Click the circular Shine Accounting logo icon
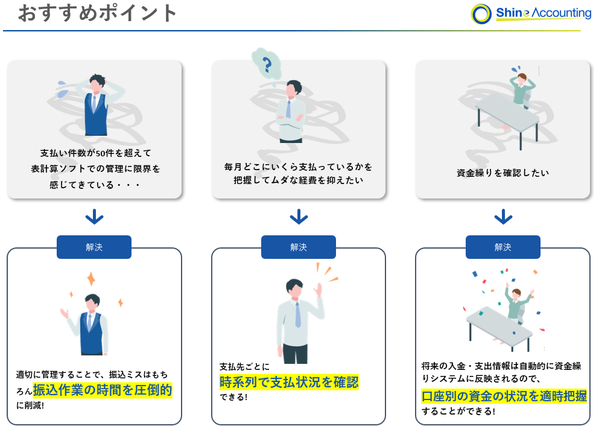(481, 14)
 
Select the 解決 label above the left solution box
(94, 247)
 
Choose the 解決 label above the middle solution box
(299, 247)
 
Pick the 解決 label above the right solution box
(503, 247)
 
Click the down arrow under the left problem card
(94, 217)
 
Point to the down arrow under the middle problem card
(299, 217)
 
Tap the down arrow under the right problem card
(503, 217)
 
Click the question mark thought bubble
(267, 63)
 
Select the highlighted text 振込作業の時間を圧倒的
(103, 390)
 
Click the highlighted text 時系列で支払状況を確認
(289, 382)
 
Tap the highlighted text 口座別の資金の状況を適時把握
(504, 396)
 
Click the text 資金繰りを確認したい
(503, 173)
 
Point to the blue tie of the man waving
(297, 314)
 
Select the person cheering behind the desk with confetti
(516, 302)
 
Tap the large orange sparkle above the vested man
(91, 279)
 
